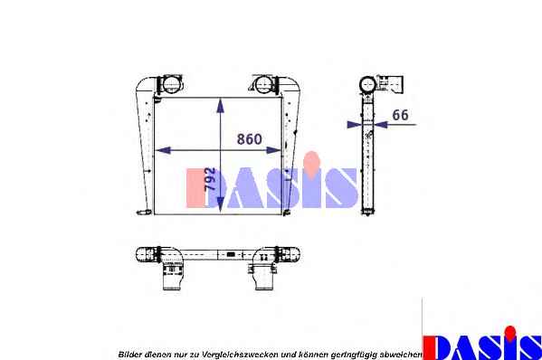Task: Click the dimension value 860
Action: [249, 139]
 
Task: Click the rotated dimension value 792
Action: [210, 178]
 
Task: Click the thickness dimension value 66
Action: [400, 115]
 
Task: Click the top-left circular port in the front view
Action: [170, 84]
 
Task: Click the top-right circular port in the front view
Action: [263, 84]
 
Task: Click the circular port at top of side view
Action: [367, 84]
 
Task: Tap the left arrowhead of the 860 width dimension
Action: [163, 150]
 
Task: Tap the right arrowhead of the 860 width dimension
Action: [274, 150]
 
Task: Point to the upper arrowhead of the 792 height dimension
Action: [220, 106]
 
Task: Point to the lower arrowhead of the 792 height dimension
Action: [220, 206]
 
